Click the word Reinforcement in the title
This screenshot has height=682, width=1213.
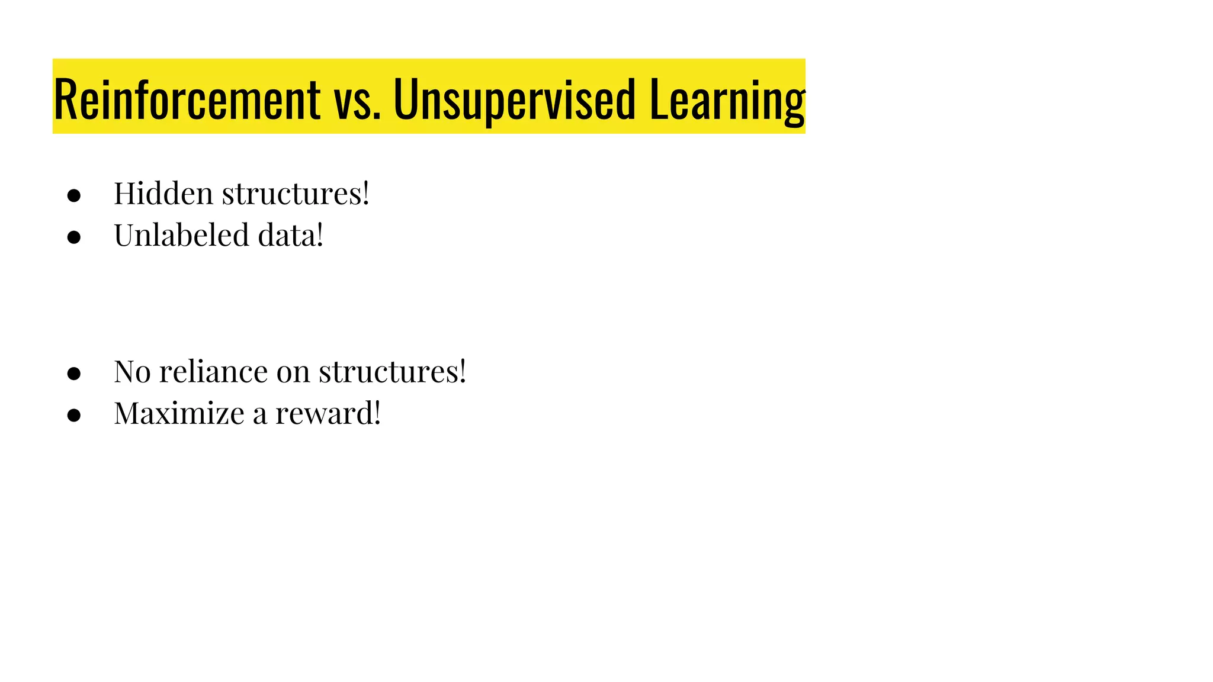[187, 99]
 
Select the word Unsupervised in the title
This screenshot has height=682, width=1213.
[514, 99]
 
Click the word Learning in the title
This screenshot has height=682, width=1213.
[727, 99]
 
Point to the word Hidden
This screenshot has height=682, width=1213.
[163, 194]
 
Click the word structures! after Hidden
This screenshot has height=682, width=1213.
[296, 194]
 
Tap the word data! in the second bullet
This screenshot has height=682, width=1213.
[291, 235]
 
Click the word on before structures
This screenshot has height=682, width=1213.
[293, 372]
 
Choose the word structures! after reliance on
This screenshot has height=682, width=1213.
[393, 372]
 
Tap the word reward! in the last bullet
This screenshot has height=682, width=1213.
[328, 413]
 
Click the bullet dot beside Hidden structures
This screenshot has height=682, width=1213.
[74, 196]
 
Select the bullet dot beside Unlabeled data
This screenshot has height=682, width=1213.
[74, 237]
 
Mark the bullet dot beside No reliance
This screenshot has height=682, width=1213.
[74, 374]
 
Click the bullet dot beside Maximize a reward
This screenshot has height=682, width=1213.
[74, 416]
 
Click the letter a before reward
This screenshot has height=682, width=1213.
[259, 414]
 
